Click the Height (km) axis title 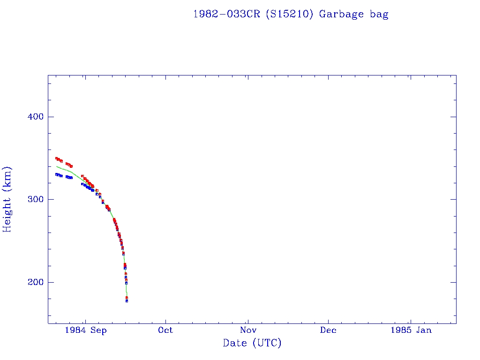(x=7, y=199)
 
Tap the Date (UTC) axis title (x=252, y=343)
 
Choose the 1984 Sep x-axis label (x=86, y=330)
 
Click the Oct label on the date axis (x=165, y=330)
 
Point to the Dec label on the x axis (x=328, y=330)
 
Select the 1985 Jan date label (x=411, y=330)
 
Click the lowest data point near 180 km (x=127, y=300)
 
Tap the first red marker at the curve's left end (x=56, y=158)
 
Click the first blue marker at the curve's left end (x=56, y=174)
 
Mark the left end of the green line (x=57, y=166)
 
